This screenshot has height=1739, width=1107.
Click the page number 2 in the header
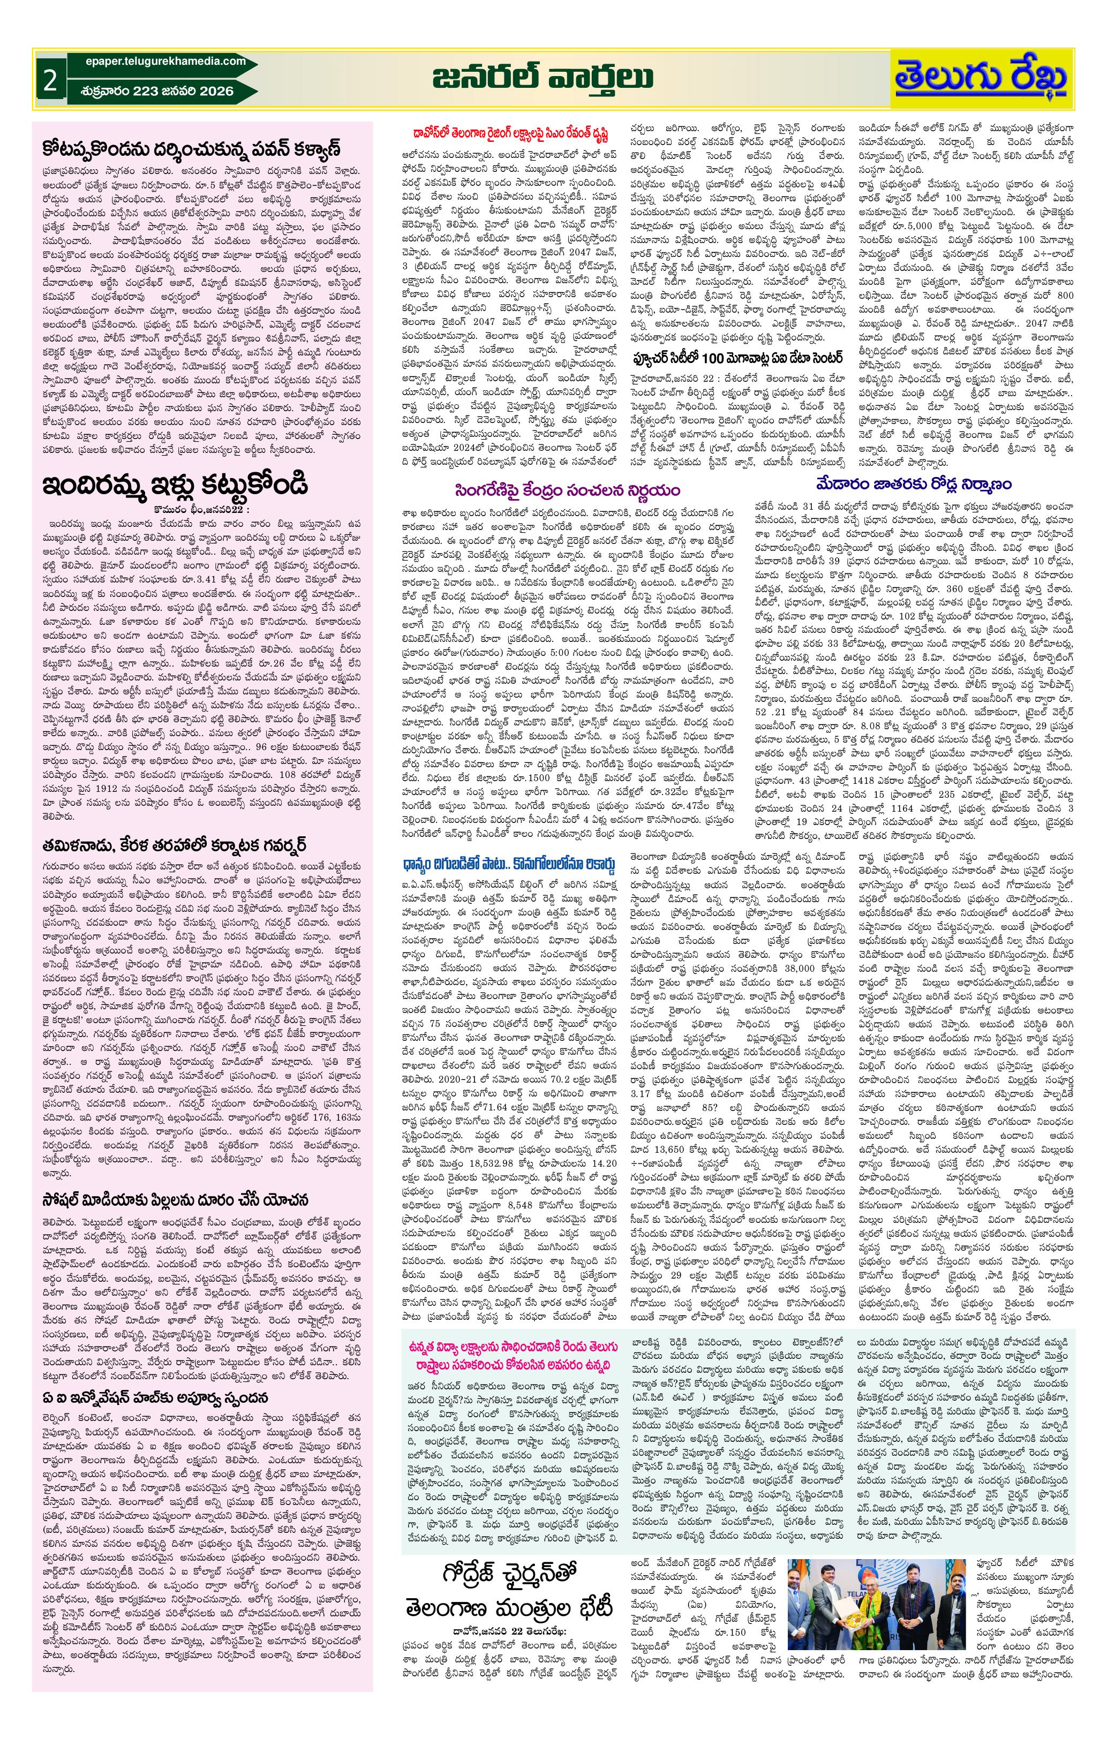(x=50, y=80)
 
